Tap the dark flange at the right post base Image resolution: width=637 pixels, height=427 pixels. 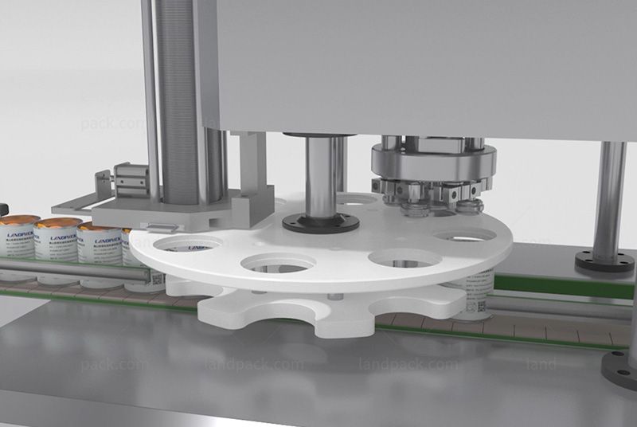[x=604, y=262]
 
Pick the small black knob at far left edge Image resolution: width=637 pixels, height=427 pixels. [x=2, y=209]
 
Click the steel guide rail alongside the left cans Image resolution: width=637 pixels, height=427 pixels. [x=72, y=271]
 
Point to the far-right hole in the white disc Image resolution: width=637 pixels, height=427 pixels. [x=465, y=236]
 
